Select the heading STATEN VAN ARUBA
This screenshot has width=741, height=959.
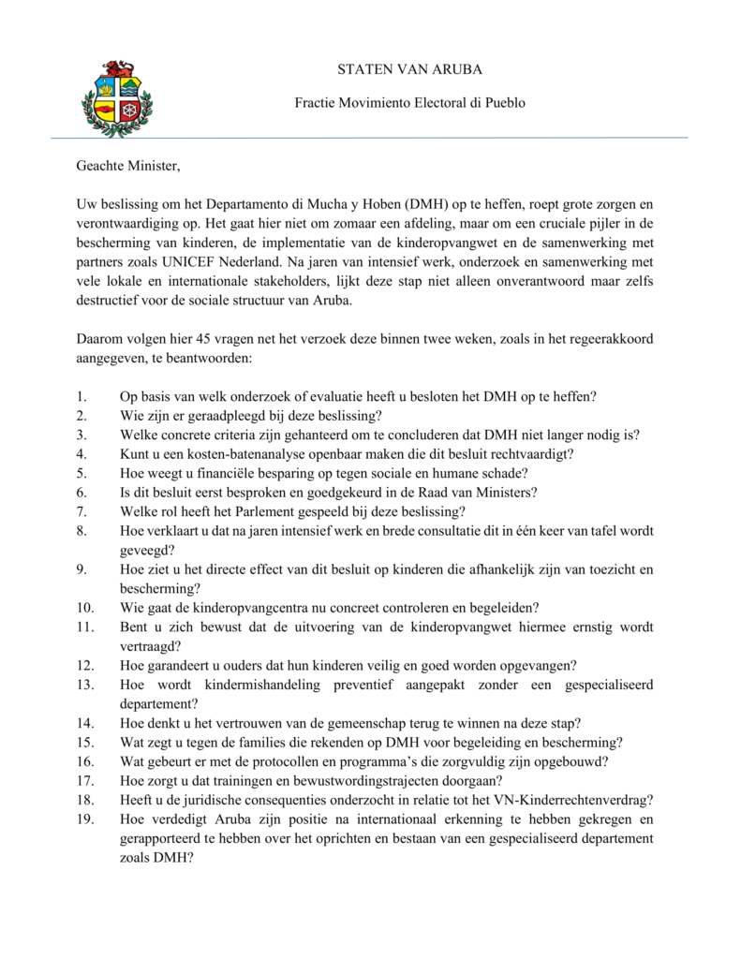[410, 69]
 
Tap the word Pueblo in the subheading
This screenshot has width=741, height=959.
[504, 102]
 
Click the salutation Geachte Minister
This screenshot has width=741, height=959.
[126, 168]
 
